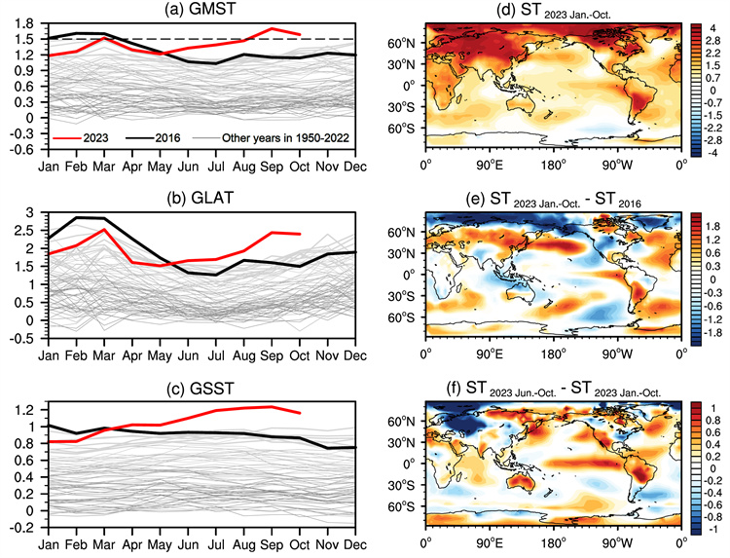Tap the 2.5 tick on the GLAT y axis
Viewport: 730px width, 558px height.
coord(29,230)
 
